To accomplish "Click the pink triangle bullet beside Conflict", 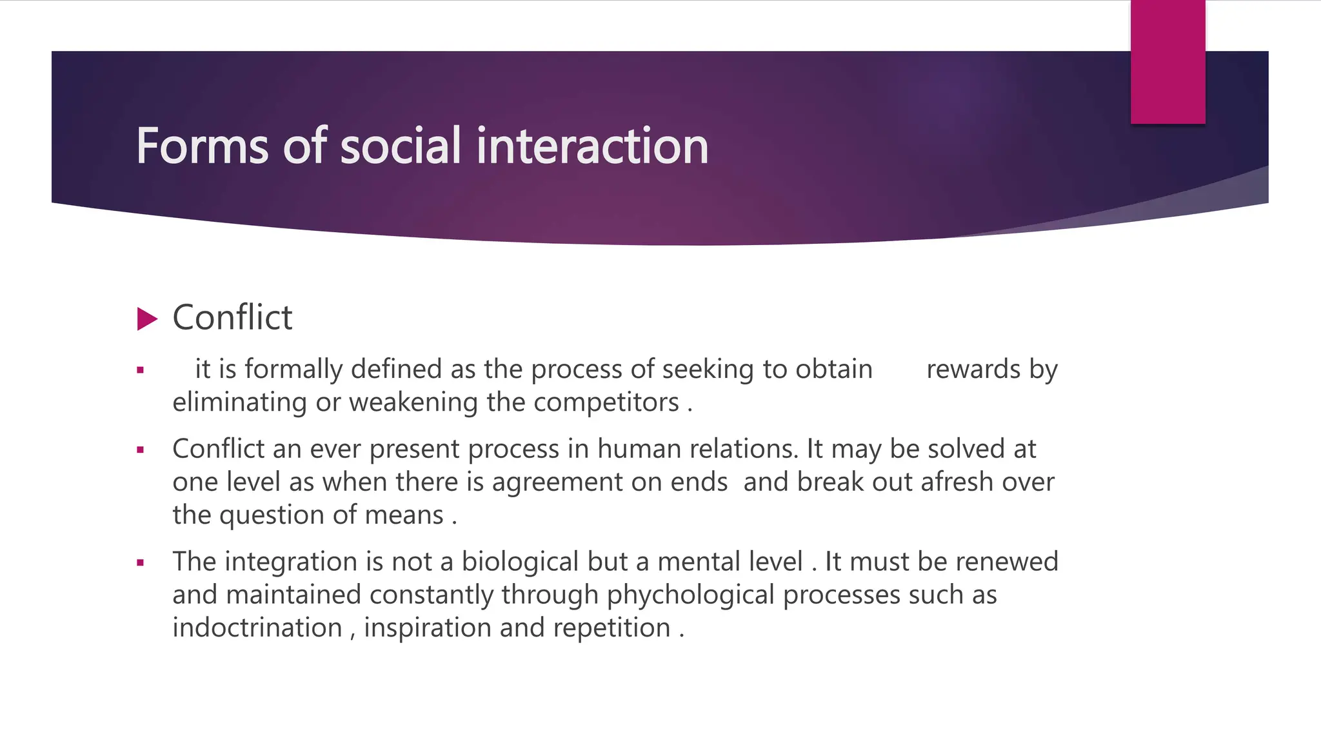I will [147, 319].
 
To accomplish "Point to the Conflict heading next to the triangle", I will [232, 317].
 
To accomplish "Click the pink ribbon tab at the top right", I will [1167, 62].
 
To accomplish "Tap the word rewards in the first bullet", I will [973, 369].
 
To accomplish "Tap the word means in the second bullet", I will [404, 515].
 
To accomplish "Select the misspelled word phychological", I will [690, 595].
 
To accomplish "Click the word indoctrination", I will [257, 628].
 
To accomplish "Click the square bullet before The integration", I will [140, 562].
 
